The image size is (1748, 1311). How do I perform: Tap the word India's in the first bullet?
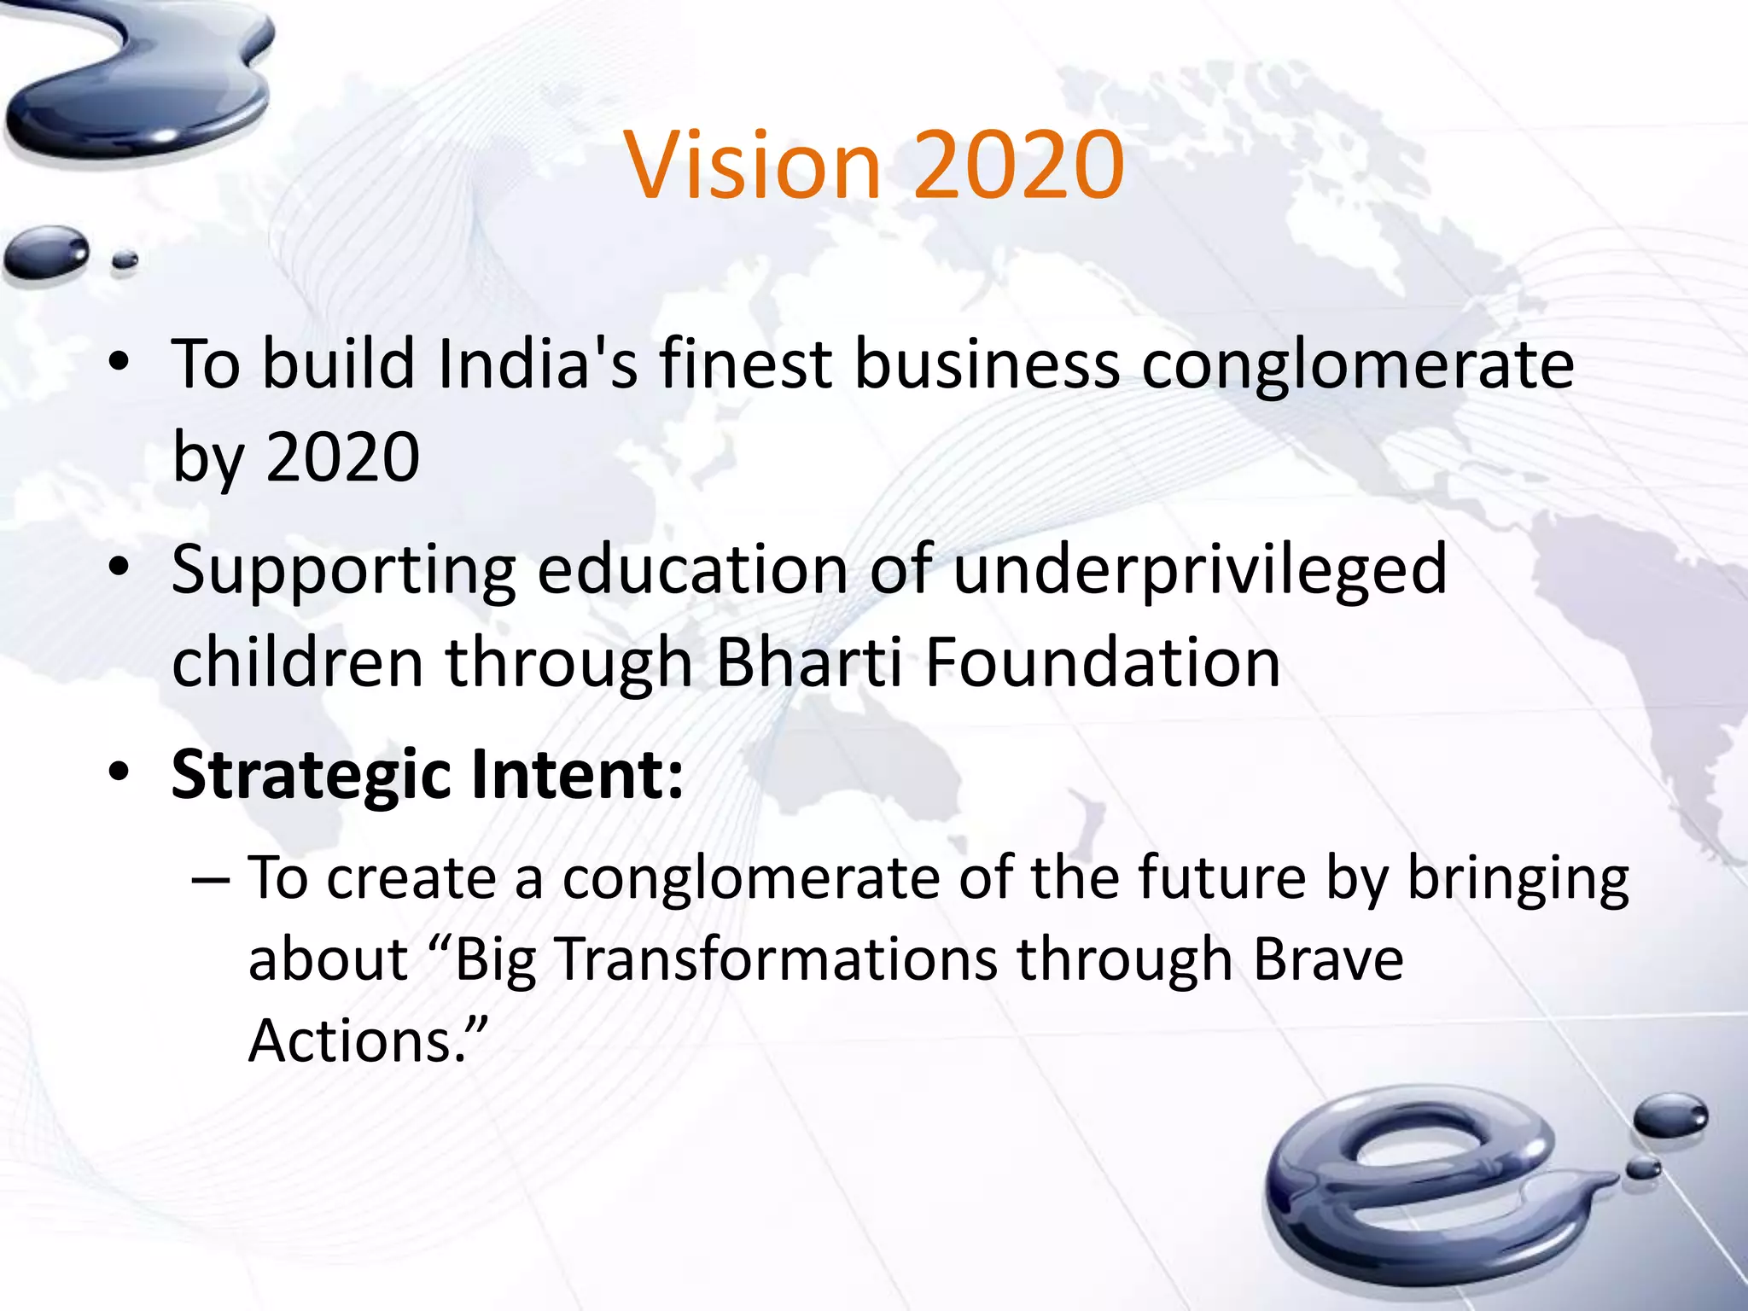click(537, 365)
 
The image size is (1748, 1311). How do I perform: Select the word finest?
click(745, 365)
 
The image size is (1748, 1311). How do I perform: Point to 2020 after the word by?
click(343, 457)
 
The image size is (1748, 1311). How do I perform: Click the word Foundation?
click(1103, 663)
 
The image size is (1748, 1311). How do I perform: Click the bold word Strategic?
click(310, 775)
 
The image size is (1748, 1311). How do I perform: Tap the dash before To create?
click(211, 879)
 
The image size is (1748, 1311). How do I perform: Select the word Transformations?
click(777, 960)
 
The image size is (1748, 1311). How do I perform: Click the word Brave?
click(1328, 960)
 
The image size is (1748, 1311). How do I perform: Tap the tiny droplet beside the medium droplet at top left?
click(125, 259)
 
